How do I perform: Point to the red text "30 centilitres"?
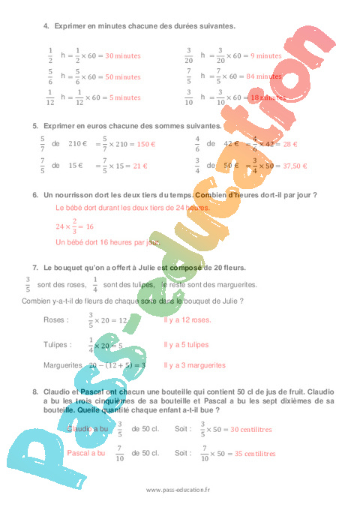pos(251,430)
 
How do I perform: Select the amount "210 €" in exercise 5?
pos(79,144)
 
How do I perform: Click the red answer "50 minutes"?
pos(123,76)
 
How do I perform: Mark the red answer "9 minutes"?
pos(265,55)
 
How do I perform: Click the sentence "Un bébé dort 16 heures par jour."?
pos(108,242)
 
